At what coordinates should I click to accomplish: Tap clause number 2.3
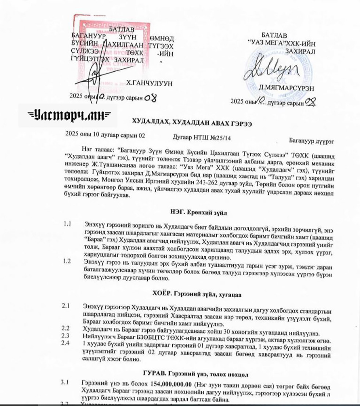click(66, 335)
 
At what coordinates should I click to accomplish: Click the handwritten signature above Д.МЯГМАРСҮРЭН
click(267, 70)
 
